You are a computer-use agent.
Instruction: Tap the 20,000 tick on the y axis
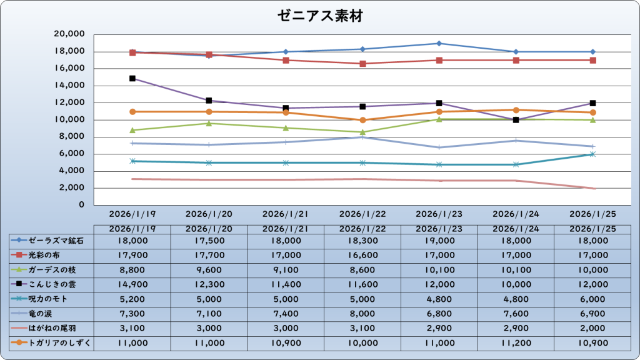pyautogui.click(x=70, y=34)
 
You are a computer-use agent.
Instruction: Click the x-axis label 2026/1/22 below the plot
pyautogui.click(x=362, y=214)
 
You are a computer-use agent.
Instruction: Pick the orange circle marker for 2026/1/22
pyautogui.click(x=362, y=120)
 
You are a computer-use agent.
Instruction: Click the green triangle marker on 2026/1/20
pyautogui.click(x=209, y=123)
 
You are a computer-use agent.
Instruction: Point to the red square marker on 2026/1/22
pyautogui.click(x=362, y=64)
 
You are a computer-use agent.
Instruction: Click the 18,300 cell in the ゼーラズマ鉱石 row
pyautogui.click(x=362, y=241)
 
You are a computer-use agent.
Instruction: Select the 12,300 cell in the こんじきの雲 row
pyautogui.click(x=209, y=284)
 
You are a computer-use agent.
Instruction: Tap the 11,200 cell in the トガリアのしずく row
pyautogui.click(x=516, y=343)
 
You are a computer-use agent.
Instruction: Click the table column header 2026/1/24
pyautogui.click(x=516, y=229)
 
